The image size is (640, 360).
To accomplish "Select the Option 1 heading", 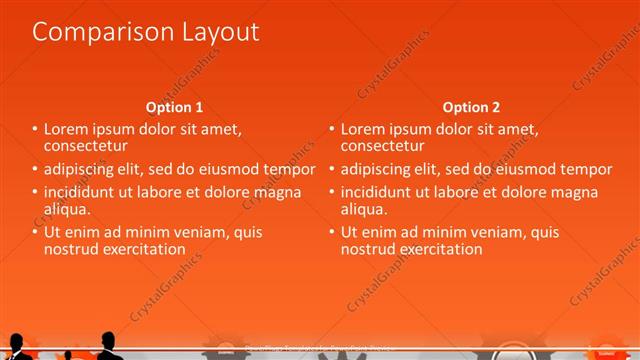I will point(174,107).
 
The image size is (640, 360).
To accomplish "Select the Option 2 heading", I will point(471,107).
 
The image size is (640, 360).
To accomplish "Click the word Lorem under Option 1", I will point(64,129).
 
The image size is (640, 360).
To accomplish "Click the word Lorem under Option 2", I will point(361,129).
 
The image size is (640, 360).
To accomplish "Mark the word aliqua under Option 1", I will point(67,208).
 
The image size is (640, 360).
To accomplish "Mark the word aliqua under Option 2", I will point(364,208).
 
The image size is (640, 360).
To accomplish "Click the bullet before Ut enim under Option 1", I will point(34,232).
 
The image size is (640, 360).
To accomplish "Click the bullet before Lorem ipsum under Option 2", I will point(331,129).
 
